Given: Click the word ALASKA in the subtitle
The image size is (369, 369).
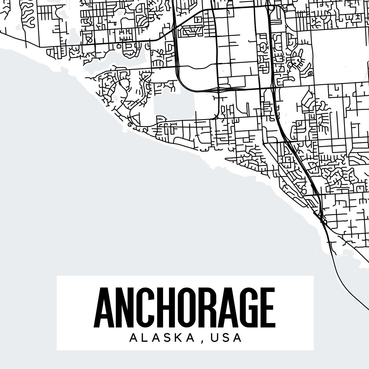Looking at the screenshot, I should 161,338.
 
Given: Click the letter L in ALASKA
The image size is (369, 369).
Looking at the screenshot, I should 145,338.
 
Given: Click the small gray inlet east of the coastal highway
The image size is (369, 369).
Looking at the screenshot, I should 338,256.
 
